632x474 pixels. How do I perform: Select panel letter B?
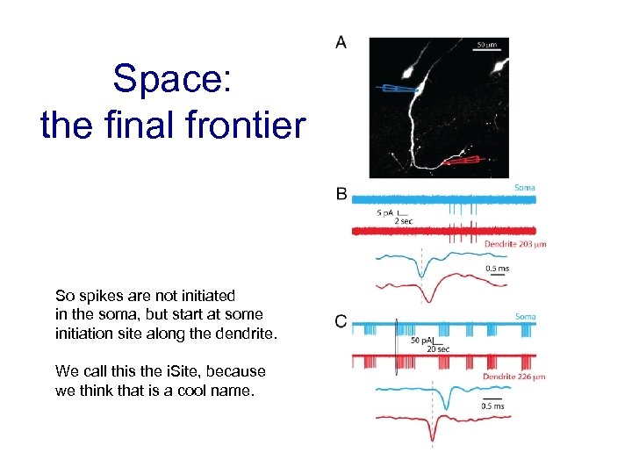tap(341, 194)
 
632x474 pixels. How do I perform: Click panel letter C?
tap(341, 322)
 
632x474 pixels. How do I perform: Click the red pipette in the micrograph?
tap(462, 161)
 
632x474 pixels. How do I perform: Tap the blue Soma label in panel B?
tap(524, 188)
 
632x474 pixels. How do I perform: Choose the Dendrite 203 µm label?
tap(514, 244)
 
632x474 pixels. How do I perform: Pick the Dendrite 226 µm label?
tap(513, 377)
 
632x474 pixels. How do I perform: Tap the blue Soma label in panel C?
tap(525, 317)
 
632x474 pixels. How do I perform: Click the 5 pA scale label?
tap(384, 213)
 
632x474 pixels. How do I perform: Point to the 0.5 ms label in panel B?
tap(497, 269)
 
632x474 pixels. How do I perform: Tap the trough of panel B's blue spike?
tap(421, 276)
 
